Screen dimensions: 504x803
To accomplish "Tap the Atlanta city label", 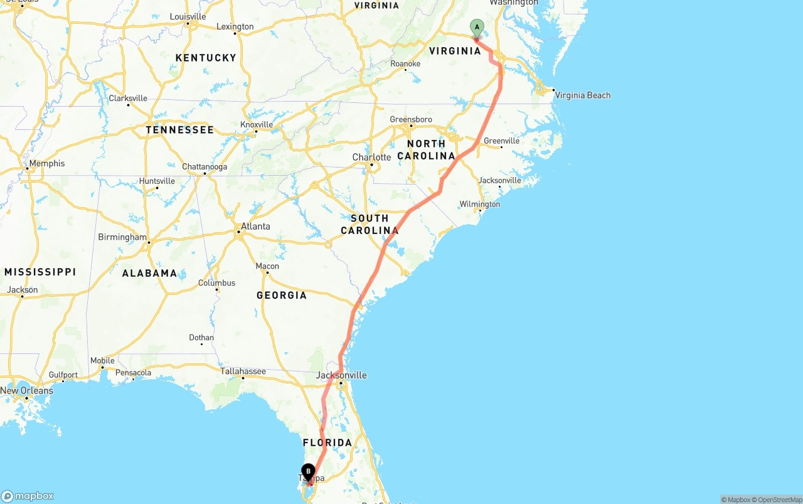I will [255, 226].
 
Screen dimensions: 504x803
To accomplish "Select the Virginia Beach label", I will [583, 95].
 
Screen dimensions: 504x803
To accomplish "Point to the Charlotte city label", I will [371, 157].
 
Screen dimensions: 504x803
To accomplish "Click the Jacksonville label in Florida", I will [341, 375].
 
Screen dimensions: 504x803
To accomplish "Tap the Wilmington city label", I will [480, 204].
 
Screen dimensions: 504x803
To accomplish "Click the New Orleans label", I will [26, 390].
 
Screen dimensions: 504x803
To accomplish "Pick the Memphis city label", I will [46, 163].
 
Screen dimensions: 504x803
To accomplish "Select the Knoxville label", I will [257, 124].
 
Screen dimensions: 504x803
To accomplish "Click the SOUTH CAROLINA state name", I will [370, 224].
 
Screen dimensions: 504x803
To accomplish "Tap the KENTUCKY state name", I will [206, 58].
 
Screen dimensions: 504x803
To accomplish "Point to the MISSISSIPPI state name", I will [40, 272].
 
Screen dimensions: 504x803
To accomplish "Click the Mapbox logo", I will [28, 496].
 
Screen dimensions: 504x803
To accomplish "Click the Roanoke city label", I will [405, 64].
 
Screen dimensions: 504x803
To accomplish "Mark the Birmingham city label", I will [122, 237].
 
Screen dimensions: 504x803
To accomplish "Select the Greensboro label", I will [411, 119].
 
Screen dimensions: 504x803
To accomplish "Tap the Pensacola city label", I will [133, 373].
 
